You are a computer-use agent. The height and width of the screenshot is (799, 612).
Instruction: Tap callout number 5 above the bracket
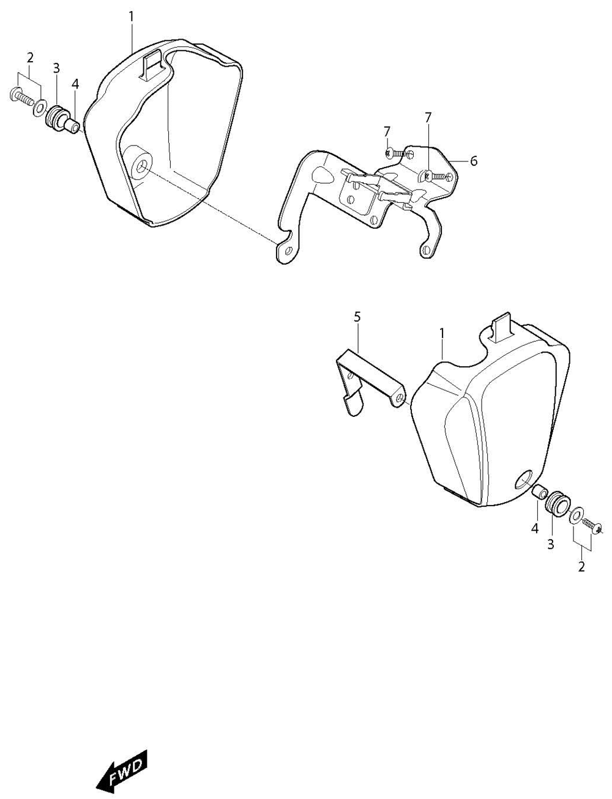(x=357, y=317)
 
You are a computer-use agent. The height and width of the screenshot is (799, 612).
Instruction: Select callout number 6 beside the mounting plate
(x=474, y=161)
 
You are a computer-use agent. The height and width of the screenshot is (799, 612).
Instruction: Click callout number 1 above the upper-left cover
(x=131, y=17)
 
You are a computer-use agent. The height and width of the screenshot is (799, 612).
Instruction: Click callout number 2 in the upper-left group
(x=30, y=57)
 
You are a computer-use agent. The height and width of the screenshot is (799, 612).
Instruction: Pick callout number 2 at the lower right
(x=581, y=567)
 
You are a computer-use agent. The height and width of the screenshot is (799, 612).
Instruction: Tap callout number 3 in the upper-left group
(x=56, y=68)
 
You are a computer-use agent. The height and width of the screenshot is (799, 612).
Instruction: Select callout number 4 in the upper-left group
(x=75, y=84)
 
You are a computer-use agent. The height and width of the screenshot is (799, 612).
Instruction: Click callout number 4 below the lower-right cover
(x=534, y=528)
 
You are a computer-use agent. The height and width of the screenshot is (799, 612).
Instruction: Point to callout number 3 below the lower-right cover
(x=550, y=545)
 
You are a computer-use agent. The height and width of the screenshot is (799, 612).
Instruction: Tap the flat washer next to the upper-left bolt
(x=39, y=108)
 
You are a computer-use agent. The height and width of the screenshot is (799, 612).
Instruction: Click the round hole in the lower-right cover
(x=524, y=481)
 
